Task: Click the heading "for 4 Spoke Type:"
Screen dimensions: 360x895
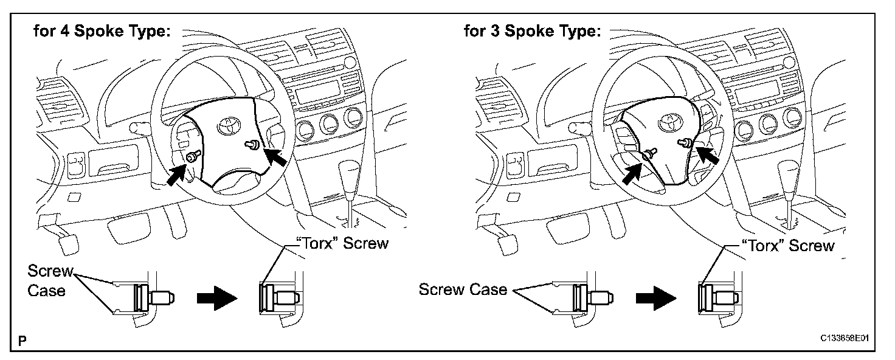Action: pyautogui.click(x=102, y=32)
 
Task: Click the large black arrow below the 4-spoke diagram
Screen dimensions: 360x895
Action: pyautogui.click(x=216, y=299)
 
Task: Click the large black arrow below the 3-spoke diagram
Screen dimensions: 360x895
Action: pyautogui.click(x=655, y=299)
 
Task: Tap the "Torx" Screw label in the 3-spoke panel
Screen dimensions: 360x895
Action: pyautogui.click(x=789, y=246)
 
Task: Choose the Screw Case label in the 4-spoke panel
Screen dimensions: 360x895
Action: pyautogui.click(x=50, y=280)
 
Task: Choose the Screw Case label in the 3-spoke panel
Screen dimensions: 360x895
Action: pyautogui.click(x=463, y=289)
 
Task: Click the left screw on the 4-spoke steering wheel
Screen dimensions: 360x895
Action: pyautogui.click(x=192, y=157)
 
